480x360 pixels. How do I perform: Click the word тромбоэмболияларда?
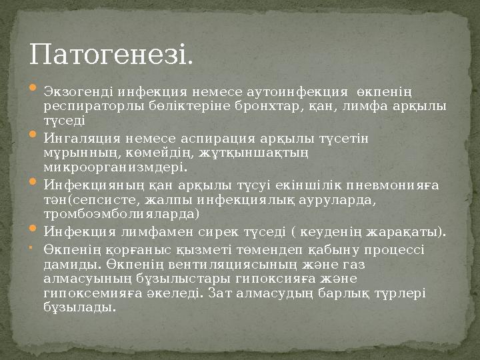[121, 213]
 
